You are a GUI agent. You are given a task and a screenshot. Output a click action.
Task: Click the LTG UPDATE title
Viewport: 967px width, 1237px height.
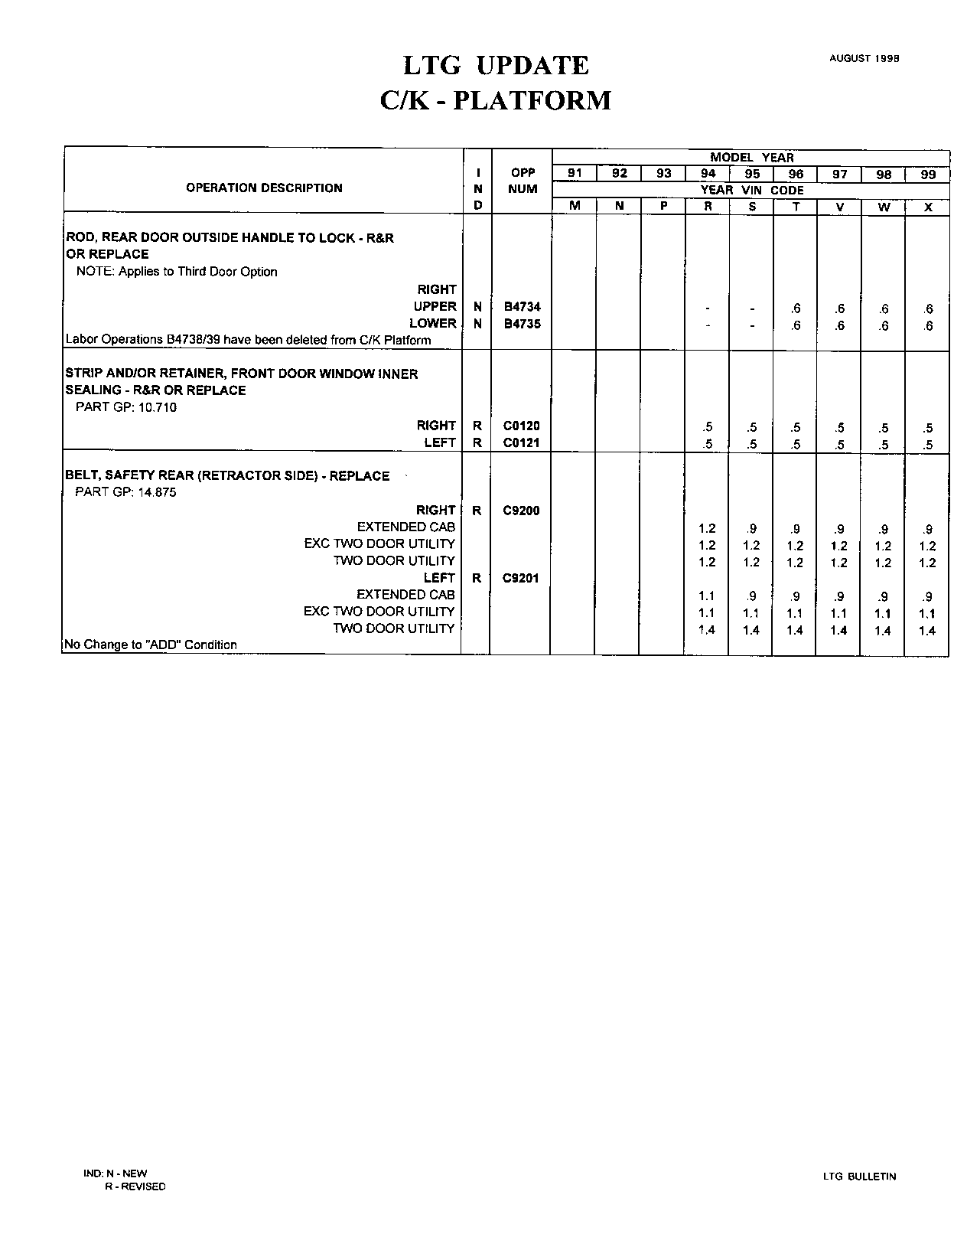496,66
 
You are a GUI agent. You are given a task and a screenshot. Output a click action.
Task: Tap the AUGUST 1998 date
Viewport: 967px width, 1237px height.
864,58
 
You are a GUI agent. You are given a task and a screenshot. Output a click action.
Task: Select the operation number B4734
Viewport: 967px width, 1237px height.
522,307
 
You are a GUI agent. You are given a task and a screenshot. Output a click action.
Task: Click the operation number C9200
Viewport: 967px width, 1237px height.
521,511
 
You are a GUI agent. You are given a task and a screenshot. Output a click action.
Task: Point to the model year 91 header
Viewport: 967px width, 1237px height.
575,174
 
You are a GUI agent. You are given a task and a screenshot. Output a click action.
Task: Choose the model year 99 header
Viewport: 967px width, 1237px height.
927,175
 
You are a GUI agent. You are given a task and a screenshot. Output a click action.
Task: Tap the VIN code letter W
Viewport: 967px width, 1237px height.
884,207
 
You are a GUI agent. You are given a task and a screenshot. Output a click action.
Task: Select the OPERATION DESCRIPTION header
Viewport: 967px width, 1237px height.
264,188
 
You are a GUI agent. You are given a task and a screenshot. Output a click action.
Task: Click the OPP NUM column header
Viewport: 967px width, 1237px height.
522,181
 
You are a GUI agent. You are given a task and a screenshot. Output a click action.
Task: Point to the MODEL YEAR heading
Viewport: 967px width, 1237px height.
751,158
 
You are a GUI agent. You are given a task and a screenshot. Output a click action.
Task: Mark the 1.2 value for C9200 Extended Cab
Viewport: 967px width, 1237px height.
707,529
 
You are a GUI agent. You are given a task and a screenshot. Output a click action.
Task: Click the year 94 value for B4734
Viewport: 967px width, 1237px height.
708,309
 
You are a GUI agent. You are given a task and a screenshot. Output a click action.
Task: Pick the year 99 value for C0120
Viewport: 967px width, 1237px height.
927,428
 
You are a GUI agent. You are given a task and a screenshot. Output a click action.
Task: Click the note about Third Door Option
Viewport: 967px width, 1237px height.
177,272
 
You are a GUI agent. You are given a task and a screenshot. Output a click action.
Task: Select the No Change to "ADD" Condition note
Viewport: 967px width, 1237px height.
151,645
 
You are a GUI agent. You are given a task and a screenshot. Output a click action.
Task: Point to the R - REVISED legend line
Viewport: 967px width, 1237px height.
135,1186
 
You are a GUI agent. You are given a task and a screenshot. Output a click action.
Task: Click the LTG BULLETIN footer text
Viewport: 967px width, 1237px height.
859,1177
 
